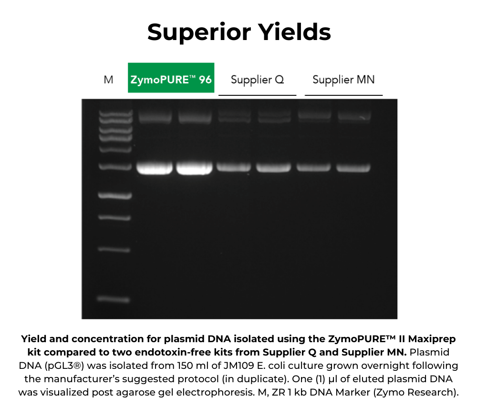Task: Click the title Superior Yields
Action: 238,32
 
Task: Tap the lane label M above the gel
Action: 109,80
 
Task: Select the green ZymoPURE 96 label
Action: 171,78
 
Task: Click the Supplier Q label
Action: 257,80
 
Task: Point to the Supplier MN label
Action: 343,80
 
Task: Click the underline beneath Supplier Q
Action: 257,95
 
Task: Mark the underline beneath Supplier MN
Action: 343,95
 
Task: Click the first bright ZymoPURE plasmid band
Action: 154,168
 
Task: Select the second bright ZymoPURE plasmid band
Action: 194,168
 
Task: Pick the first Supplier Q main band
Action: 234,167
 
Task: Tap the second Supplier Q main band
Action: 273,168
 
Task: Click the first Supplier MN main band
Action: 313,167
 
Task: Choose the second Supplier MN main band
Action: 353,168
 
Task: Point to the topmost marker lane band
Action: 114,113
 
